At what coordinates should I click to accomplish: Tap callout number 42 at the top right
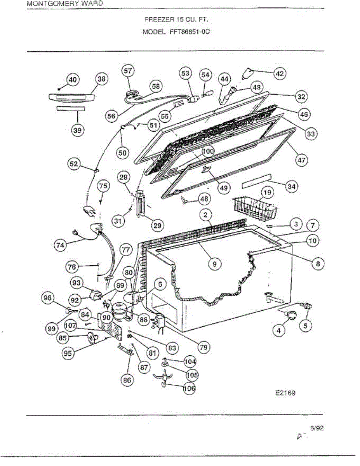point(280,73)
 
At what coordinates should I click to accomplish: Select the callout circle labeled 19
point(267,192)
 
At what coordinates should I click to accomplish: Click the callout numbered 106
point(189,388)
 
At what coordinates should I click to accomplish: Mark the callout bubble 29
point(157,225)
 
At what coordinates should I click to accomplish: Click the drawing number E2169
point(285,393)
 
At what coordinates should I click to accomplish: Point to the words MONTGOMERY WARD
point(65,3)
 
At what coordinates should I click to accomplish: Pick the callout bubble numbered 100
point(208,151)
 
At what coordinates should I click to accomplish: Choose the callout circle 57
point(128,71)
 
